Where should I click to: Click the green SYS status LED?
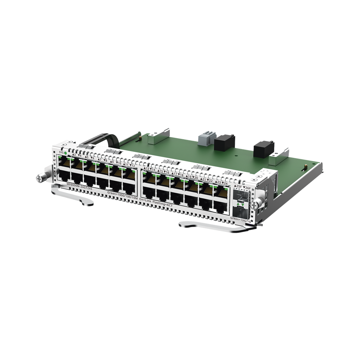pyautogui.click(x=66, y=153)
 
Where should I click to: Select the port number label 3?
pyautogui.click(x=74, y=155)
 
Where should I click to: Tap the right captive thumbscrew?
pyautogui.click(x=259, y=202)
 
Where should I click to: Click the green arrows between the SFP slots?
pyautogui.click(x=240, y=204)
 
